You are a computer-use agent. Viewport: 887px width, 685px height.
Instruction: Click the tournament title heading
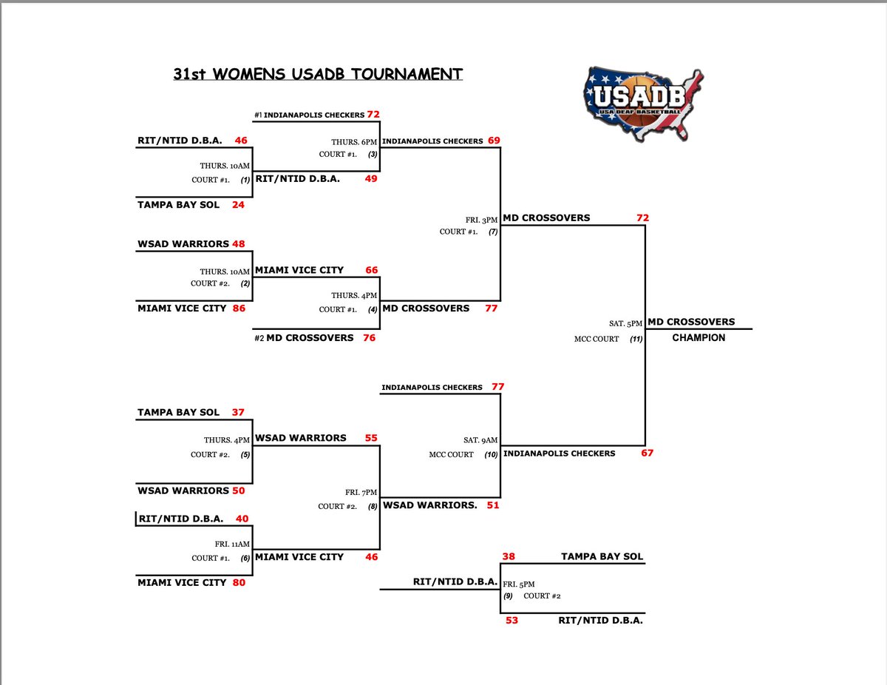point(318,74)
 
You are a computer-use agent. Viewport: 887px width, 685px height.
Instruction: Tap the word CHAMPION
point(699,338)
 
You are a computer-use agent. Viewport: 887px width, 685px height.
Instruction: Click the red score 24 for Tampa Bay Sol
point(238,205)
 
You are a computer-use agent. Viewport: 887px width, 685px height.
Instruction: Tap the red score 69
point(495,141)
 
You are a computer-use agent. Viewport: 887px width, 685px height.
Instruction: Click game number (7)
point(494,232)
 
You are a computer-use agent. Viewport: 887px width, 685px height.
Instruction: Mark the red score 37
point(237,412)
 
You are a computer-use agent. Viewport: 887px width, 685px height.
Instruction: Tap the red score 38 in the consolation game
point(509,556)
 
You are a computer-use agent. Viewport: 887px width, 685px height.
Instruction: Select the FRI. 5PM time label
point(519,583)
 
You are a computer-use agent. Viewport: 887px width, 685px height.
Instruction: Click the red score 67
point(647,453)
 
